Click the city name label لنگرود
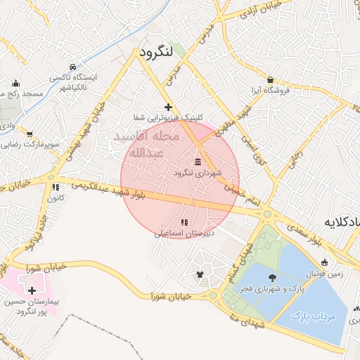coord(153,54)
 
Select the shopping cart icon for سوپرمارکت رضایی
coord(29,134)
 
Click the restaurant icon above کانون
coord(55,187)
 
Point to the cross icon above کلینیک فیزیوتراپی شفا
coord(167,107)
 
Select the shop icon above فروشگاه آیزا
coord(270,80)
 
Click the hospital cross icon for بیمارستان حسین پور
coord(32,290)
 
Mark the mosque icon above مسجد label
coord(15,83)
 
